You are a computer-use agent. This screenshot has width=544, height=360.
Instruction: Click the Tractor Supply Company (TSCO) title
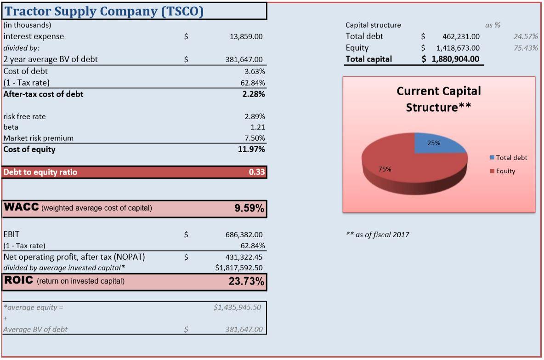[104, 11]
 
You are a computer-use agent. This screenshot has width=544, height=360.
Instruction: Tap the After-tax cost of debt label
[44, 94]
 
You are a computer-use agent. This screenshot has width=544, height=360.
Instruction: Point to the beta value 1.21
[257, 127]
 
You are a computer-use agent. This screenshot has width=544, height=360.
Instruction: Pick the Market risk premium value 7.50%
[255, 138]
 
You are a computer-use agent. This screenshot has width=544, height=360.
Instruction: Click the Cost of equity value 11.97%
[251, 149]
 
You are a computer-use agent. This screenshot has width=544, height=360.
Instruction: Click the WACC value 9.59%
[249, 208]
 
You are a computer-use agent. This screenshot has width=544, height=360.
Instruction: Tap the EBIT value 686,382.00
[244, 235]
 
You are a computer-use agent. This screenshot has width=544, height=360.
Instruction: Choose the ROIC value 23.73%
[246, 281]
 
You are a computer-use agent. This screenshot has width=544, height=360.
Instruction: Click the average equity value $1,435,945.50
[237, 307]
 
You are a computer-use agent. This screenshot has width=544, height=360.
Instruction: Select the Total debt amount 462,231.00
[461, 36]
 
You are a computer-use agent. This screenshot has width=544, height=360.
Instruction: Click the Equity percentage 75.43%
[526, 48]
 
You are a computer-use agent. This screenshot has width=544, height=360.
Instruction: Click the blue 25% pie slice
[436, 143]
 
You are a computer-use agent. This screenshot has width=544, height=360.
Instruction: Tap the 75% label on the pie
[385, 169]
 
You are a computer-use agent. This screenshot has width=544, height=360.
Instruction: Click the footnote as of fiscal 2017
[377, 235]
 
